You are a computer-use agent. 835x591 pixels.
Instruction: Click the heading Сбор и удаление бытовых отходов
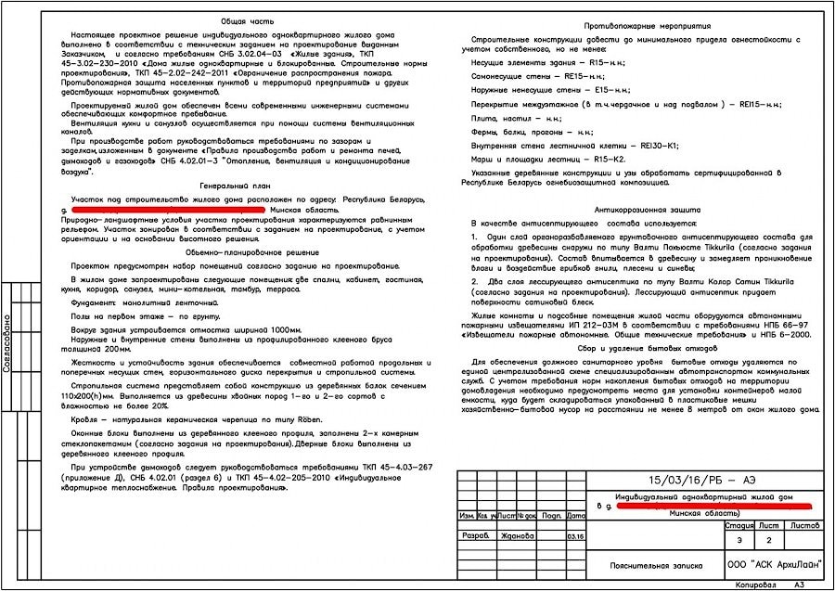(639, 349)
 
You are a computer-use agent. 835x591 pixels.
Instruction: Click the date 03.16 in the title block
(575, 535)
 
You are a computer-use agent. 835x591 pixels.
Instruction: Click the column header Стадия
(739, 525)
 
